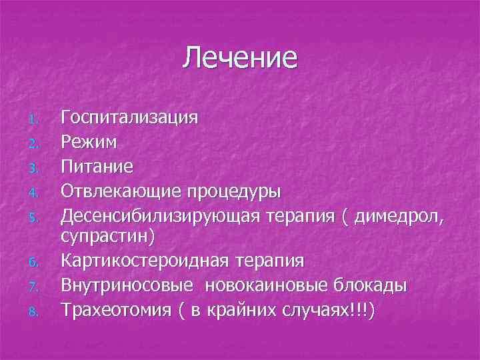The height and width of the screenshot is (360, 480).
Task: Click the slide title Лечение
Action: [239, 58]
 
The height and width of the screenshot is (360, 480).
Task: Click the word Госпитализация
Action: [129, 119]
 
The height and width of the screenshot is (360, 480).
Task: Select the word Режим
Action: [89, 142]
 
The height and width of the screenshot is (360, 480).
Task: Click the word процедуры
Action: [237, 190]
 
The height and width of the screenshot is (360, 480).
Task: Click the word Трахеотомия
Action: [117, 309]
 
